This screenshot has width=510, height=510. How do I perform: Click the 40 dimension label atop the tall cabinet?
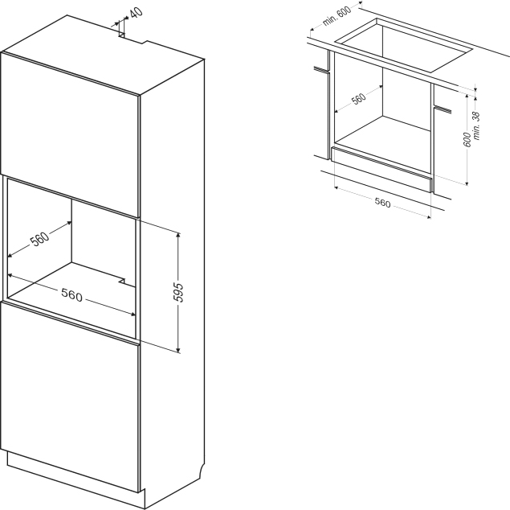(x=137, y=13)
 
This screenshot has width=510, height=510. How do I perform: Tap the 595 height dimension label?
(x=178, y=293)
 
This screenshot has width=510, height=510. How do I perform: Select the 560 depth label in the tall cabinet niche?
(x=39, y=239)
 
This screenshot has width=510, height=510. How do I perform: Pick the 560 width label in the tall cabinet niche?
(x=71, y=295)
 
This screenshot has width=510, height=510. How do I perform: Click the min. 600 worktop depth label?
(x=337, y=16)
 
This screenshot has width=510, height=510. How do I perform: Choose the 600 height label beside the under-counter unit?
(x=467, y=139)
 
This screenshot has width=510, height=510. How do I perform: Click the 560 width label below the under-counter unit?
(x=382, y=203)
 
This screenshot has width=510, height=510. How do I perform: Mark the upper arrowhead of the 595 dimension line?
(x=178, y=235)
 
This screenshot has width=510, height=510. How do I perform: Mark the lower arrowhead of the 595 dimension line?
(x=178, y=350)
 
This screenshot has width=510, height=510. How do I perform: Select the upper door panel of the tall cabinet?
(x=70, y=134)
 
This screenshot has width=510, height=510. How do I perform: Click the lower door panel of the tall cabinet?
(x=70, y=396)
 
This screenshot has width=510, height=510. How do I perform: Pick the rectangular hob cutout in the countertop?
(x=403, y=46)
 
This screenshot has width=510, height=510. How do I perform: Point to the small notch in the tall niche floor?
(x=123, y=281)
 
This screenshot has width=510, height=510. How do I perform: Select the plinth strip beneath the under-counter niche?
(x=381, y=169)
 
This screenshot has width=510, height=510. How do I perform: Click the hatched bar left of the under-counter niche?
(x=321, y=69)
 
